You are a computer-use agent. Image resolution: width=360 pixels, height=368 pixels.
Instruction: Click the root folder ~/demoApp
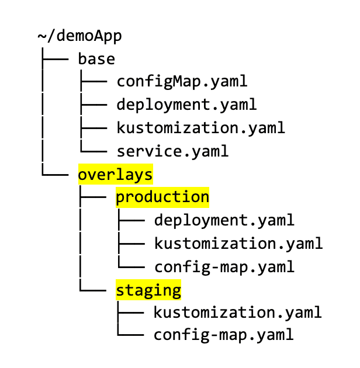click(x=79, y=36)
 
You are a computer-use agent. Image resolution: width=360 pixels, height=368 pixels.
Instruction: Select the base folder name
click(x=96, y=59)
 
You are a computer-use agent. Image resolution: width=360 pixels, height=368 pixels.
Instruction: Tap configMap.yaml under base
click(x=182, y=82)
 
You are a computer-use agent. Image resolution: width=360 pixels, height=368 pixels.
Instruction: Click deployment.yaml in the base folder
click(x=186, y=105)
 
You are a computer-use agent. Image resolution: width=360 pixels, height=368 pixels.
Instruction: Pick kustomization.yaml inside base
click(x=201, y=128)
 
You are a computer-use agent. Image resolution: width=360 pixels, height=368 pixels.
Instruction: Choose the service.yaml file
click(x=172, y=151)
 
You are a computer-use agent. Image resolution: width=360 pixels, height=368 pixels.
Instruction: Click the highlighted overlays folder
click(x=115, y=175)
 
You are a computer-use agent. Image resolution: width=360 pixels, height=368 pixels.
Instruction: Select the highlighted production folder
click(x=162, y=197)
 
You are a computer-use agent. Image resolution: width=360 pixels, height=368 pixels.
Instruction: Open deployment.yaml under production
click(x=224, y=220)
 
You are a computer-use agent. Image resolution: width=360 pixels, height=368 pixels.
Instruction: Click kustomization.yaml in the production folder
click(x=238, y=244)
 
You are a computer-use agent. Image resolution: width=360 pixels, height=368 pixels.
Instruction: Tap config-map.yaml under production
click(x=224, y=267)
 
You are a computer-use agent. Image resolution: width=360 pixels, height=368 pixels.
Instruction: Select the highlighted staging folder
click(x=148, y=290)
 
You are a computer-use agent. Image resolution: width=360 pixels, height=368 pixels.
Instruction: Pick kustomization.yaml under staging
click(x=237, y=313)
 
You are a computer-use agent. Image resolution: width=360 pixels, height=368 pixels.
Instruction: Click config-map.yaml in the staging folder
click(x=223, y=335)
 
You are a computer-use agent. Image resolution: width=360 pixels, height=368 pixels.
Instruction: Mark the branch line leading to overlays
click(x=55, y=175)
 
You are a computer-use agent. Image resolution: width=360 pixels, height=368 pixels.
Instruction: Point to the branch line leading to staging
click(x=93, y=290)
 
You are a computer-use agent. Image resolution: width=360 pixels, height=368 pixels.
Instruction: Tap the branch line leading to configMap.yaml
click(x=94, y=82)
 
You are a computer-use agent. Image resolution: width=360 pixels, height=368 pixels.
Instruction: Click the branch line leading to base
click(x=55, y=59)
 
